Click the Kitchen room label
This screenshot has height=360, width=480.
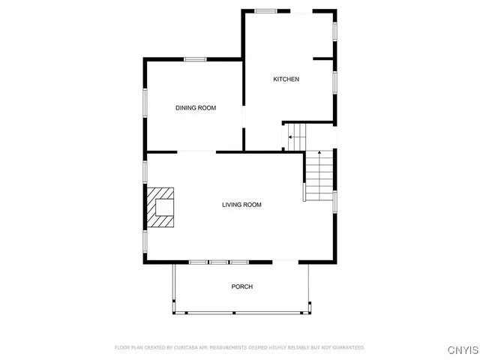pyautogui.click(x=286, y=79)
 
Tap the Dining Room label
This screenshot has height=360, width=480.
pyautogui.click(x=196, y=108)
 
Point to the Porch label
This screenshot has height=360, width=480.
pyautogui.click(x=241, y=286)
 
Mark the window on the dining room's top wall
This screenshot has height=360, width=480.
pyautogui.click(x=196, y=59)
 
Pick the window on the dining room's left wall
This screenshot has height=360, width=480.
pyautogui.click(x=146, y=103)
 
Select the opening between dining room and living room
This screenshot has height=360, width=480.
pyautogui.click(x=196, y=152)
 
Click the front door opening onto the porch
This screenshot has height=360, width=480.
pyautogui.click(x=286, y=262)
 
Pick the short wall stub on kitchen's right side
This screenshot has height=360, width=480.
pyautogui.click(x=322, y=58)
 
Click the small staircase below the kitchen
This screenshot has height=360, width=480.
pyautogui.click(x=296, y=137)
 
